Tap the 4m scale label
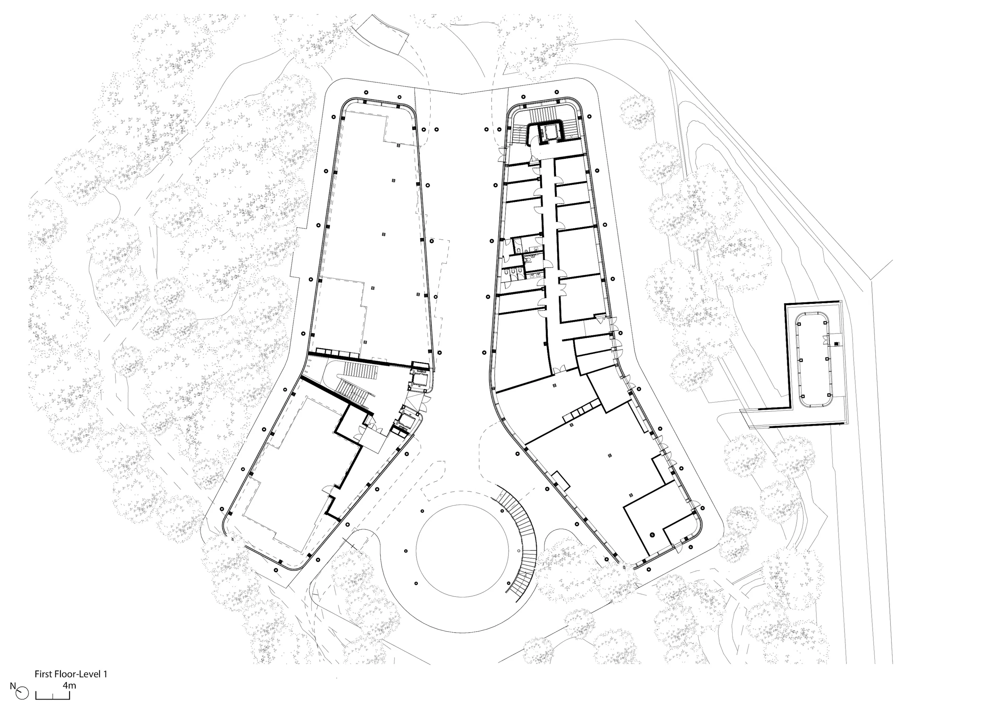[69, 685]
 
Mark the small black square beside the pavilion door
[836, 344]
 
